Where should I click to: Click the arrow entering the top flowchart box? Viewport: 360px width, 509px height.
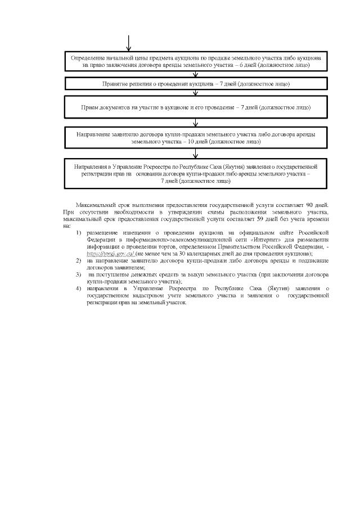click(129, 44)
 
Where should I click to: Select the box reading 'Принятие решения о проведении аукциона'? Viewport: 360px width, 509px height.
click(196, 83)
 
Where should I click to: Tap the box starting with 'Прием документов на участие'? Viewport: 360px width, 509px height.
click(196, 107)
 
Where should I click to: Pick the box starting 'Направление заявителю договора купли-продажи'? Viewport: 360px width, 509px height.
click(196, 139)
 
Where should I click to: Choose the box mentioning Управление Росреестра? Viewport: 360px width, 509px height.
click(196, 174)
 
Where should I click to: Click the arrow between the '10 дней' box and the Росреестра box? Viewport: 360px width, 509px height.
click(196, 154)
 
